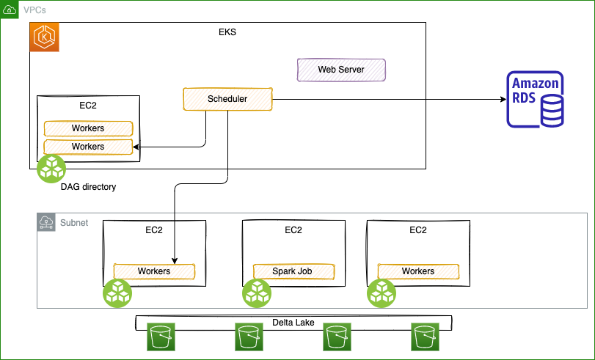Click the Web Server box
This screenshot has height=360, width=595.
coord(341,70)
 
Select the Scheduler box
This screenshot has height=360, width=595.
coord(227,99)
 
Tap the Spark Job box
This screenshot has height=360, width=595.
coord(293,271)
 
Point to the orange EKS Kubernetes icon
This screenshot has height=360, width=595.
coord(45,37)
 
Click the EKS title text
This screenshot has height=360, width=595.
coord(227,32)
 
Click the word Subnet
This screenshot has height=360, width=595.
coord(74,223)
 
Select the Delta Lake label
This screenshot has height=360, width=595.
coord(293,323)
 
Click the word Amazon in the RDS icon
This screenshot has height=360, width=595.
coord(536,84)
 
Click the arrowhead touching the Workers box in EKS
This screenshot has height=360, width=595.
coord(136,147)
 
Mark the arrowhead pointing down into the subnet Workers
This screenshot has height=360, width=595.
coord(175,261)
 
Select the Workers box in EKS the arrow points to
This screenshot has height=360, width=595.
coord(88,147)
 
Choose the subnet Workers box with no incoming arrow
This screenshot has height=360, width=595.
coord(417,271)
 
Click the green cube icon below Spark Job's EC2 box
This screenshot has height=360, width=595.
coord(257,293)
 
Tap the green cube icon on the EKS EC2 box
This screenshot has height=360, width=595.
coord(52,169)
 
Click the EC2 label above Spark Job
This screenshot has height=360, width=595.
coord(293,230)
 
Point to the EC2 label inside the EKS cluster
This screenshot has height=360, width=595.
coord(88,106)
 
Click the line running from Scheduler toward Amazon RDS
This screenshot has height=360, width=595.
coord(348,99)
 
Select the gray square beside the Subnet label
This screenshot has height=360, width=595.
coord(46,223)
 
